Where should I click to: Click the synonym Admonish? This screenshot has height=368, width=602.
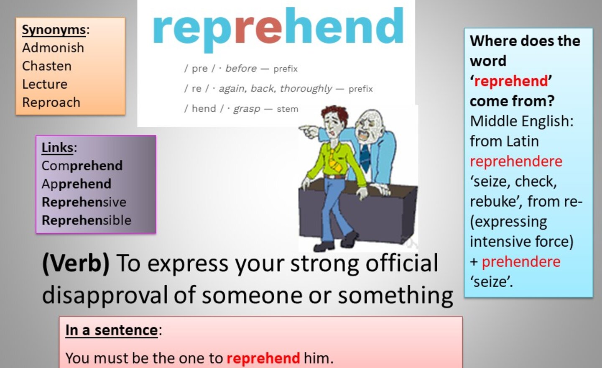pos(53,48)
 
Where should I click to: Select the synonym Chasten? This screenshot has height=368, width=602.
pos(47,66)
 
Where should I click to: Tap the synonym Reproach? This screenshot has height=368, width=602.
pos(51,102)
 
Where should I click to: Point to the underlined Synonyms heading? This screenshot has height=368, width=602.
pos(54,30)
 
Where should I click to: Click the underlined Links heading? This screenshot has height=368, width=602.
pos(57,148)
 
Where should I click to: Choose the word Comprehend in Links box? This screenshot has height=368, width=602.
pos(82,166)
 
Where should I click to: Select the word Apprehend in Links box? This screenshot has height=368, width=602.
pos(77,184)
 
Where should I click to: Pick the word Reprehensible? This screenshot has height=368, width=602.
pos(87,220)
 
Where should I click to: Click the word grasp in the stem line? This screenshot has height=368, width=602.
pos(247,109)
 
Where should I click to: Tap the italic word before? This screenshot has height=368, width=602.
pos(241,69)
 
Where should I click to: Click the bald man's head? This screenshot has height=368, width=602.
pos(370,125)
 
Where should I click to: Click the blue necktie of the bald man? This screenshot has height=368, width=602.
pos(365,157)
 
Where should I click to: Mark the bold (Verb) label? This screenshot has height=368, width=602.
pos(76,263)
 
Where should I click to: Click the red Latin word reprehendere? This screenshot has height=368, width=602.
pos(516,161)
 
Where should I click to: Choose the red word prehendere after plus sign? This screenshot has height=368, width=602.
pos(521,262)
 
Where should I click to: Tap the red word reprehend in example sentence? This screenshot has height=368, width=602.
pos(263,358)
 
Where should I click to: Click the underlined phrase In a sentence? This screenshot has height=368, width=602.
pos(112,330)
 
